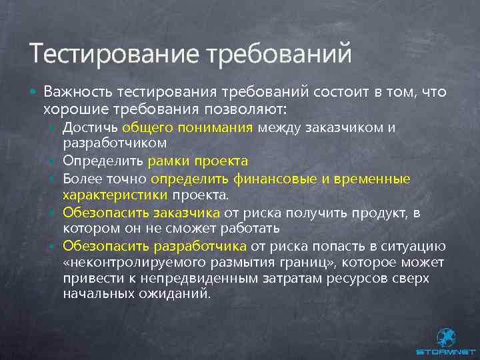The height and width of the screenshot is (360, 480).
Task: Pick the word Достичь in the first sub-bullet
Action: point(89,127)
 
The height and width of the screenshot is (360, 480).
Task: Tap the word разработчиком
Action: point(114,143)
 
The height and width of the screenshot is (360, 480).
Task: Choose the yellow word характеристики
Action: point(115,195)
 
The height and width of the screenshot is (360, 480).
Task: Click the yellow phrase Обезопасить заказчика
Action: point(141,213)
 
